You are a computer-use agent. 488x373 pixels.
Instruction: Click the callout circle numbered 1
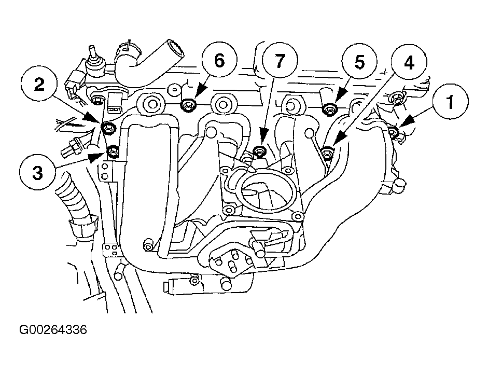click(450, 101)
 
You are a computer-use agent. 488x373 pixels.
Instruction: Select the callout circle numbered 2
click(39, 85)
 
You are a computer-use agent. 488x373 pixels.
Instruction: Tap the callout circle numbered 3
click(38, 172)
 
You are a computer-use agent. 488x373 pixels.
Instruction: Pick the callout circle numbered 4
click(409, 63)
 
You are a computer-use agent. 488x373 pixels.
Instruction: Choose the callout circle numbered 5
click(359, 62)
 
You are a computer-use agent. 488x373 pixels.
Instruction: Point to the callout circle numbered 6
click(219, 60)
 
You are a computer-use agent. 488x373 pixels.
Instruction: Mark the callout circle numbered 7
click(280, 60)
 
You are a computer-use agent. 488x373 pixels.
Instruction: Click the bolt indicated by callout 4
click(327, 153)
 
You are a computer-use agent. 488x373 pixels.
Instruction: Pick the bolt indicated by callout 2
click(108, 127)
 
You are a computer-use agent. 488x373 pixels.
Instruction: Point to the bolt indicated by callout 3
click(112, 152)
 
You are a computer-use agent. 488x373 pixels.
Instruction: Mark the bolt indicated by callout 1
click(394, 132)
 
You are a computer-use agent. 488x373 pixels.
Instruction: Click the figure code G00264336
click(53, 329)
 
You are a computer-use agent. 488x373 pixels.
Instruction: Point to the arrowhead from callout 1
click(405, 122)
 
